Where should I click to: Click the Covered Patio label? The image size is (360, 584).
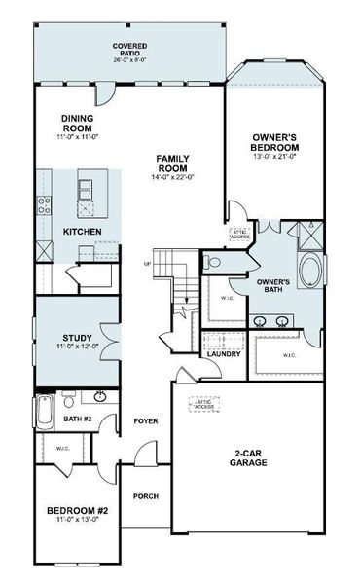(128, 49)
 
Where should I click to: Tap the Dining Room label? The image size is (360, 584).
(76, 123)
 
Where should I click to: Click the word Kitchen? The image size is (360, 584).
(81, 232)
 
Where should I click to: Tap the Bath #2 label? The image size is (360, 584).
(77, 419)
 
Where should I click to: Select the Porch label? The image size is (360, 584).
(146, 496)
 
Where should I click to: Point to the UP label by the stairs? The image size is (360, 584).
(148, 264)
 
